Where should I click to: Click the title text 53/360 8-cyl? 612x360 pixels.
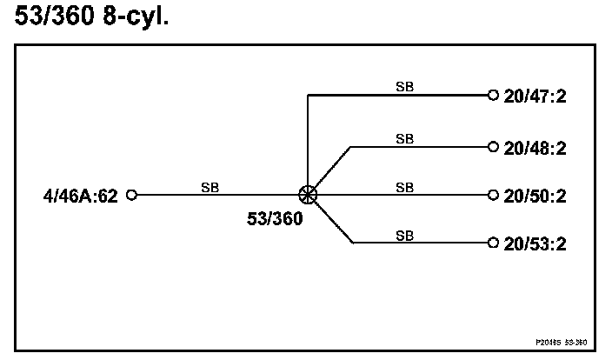[93, 17]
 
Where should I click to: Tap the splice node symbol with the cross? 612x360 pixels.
[308, 195]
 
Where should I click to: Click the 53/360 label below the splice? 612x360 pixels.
[276, 219]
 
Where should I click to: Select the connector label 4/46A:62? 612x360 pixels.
[80, 196]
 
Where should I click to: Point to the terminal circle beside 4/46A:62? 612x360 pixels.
[132, 195]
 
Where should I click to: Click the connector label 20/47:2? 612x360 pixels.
[535, 96]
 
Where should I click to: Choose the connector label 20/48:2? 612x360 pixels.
[535, 148]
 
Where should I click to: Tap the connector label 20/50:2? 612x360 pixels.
[535, 196]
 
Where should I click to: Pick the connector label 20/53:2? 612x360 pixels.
[535, 243]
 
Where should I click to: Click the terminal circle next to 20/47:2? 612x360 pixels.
[493, 95]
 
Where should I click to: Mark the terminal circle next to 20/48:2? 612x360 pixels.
[493, 146]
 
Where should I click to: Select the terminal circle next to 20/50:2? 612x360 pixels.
[493, 195]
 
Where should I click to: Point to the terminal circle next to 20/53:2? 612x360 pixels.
[493, 242]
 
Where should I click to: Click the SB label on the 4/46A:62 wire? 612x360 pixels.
[210, 187]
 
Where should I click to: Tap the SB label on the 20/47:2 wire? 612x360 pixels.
[404, 87]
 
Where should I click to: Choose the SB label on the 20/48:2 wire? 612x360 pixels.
[404, 138]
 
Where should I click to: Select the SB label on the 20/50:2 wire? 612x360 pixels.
[404, 187]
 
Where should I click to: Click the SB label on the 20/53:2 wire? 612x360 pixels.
[404, 234]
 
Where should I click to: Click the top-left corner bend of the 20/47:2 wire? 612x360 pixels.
[308, 95]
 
